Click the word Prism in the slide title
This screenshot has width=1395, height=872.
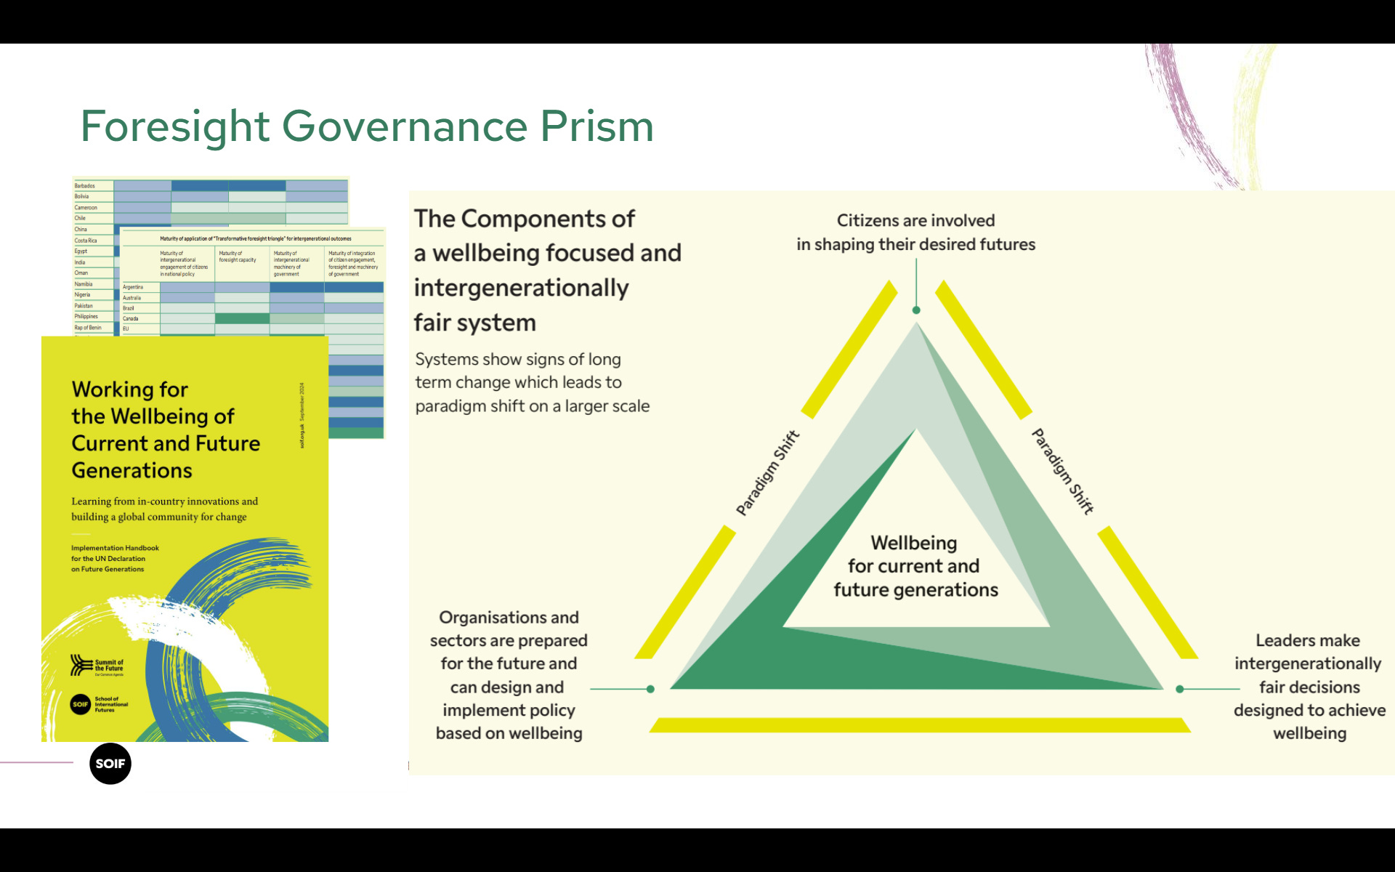click(597, 126)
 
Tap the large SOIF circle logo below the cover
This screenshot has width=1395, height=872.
click(110, 763)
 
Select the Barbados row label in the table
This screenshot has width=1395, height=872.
click(85, 186)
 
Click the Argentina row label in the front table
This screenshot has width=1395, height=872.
click(133, 287)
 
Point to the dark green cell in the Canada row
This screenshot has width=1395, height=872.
click(242, 318)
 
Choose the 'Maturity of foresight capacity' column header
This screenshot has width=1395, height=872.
click(238, 257)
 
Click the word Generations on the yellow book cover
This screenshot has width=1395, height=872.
click(132, 471)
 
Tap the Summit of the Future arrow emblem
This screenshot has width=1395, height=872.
click(81, 665)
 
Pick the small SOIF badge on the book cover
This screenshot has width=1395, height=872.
click(80, 704)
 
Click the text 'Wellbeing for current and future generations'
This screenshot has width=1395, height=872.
click(915, 566)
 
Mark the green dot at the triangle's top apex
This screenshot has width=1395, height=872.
click(916, 310)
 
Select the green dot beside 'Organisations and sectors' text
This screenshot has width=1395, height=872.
click(650, 689)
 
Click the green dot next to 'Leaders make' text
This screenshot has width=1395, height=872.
click(1180, 689)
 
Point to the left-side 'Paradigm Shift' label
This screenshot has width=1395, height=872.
click(767, 473)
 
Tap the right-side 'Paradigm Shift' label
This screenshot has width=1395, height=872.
click(1063, 472)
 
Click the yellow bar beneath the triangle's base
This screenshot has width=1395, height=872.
click(919, 725)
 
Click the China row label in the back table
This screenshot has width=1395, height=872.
click(81, 230)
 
